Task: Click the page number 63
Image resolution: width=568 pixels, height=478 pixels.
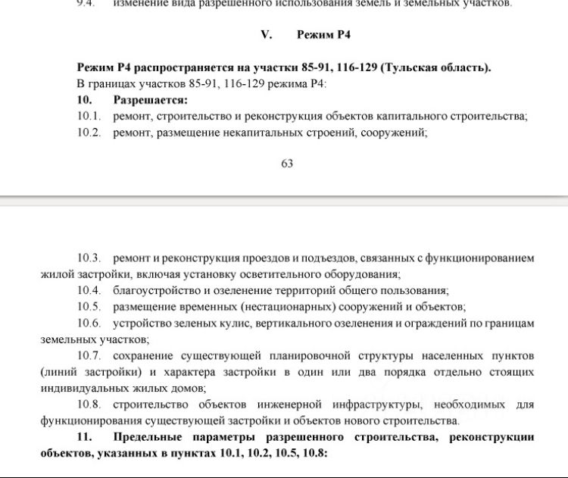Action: [287, 164]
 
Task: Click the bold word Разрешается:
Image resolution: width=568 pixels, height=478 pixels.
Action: [150, 100]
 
